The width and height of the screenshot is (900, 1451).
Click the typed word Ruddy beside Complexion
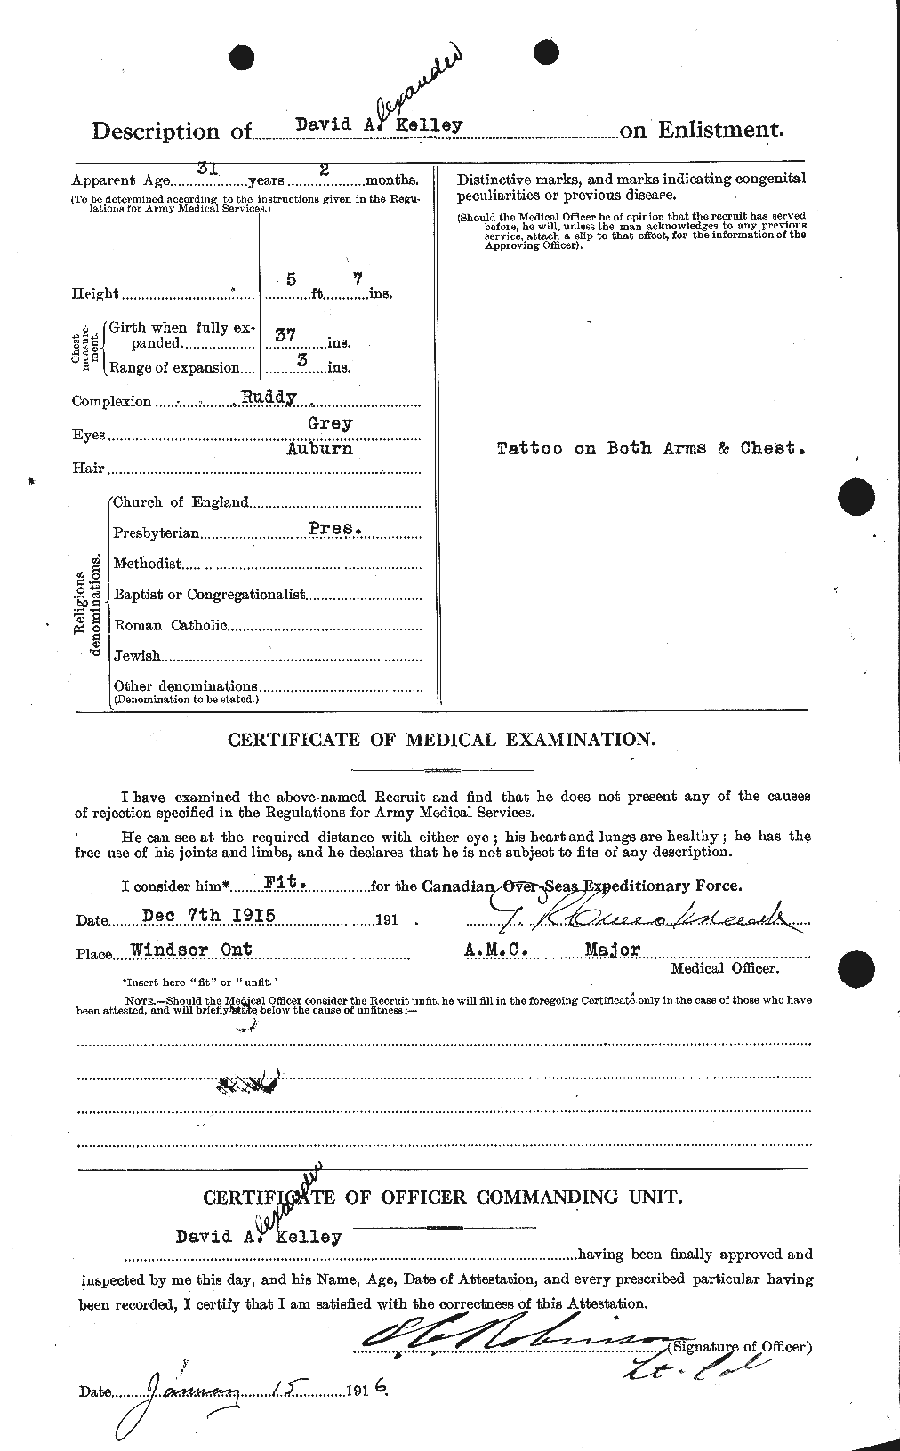click(x=269, y=397)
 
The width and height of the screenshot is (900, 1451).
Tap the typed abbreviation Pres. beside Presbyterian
click(x=334, y=527)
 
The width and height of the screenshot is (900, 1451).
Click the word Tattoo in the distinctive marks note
click(x=529, y=449)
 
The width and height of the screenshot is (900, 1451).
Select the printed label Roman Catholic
click(x=170, y=625)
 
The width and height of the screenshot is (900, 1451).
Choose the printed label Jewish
click(x=137, y=655)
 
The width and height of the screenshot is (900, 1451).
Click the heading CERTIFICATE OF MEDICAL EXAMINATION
click(x=442, y=739)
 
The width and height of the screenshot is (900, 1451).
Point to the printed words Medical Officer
click(x=724, y=968)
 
